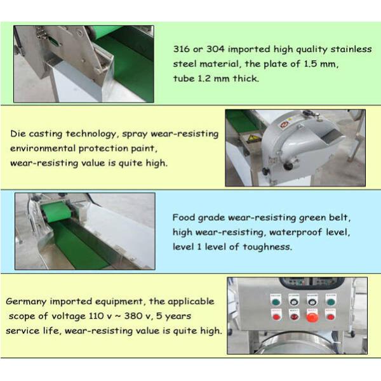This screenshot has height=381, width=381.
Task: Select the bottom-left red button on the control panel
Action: click(276, 316)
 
